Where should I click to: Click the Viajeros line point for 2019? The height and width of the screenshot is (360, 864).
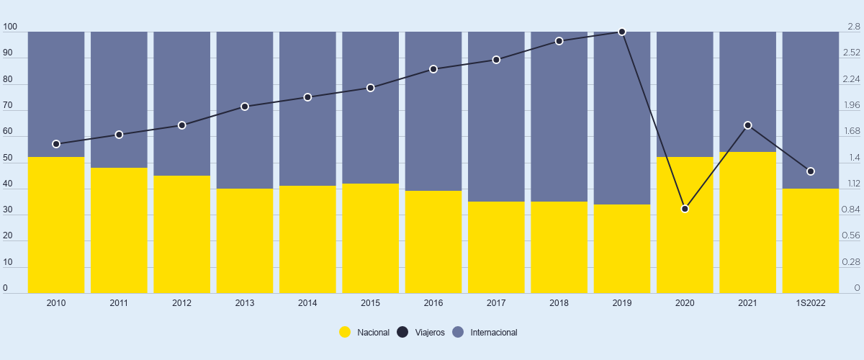622,32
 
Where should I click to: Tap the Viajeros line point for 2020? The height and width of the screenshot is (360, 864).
685,209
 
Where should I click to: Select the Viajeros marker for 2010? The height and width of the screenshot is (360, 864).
56,144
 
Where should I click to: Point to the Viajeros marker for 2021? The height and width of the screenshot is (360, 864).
748,125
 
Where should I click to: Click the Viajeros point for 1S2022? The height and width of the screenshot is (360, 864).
811,171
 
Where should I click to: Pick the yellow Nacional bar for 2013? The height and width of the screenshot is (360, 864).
245,240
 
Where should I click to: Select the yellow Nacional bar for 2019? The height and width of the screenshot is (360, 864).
622,248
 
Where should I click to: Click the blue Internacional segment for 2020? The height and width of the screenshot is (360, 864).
685,94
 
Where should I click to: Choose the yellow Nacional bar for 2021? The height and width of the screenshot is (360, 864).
748,222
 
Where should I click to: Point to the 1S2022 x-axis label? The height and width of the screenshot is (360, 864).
811,303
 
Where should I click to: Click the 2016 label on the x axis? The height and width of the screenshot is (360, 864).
433,303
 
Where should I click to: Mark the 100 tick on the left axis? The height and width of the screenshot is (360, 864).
10,27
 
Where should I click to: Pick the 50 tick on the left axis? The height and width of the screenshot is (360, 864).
8,158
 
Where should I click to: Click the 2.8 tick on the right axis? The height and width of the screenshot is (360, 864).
854,27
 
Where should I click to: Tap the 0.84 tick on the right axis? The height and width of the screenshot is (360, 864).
851,210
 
